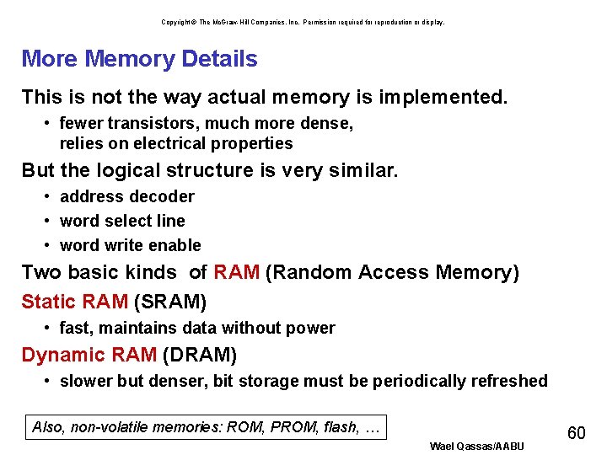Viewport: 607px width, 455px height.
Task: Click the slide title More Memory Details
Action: (139, 59)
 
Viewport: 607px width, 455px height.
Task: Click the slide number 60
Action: (577, 433)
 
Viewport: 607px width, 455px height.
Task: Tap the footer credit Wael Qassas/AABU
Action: (476, 446)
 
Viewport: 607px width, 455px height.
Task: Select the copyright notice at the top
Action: (303, 22)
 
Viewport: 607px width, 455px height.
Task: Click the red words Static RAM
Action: (74, 302)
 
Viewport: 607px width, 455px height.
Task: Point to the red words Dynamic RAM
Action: (89, 355)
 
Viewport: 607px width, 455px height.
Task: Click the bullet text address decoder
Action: (126, 196)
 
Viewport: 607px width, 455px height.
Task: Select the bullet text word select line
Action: (122, 221)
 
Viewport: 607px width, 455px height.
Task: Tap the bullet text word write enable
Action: (130, 245)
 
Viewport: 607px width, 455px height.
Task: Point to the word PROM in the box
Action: (294, 427)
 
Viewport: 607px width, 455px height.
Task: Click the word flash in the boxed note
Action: (341, 427)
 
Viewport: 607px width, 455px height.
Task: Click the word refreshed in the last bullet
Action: (509, 381)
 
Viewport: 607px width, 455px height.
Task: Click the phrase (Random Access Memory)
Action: (392, 273)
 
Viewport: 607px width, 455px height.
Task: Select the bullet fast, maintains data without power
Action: (197, 328)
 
